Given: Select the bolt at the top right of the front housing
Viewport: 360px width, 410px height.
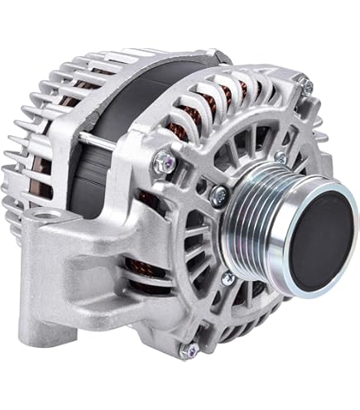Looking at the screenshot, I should pos(306,84).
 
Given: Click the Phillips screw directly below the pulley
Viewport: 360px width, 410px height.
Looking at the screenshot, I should pos(226,278).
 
